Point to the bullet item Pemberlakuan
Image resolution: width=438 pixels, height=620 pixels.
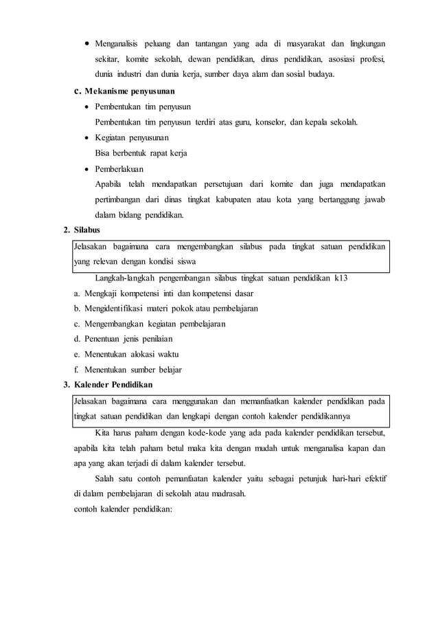[x=119, y=168]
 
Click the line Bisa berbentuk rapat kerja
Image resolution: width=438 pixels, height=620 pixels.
[x=141, y=153]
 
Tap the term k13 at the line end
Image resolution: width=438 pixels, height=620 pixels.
[x=341, y=278]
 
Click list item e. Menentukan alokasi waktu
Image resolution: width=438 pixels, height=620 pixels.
[x=126, y=354]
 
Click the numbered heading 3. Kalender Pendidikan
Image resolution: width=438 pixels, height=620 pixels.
[x=113, y=385]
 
